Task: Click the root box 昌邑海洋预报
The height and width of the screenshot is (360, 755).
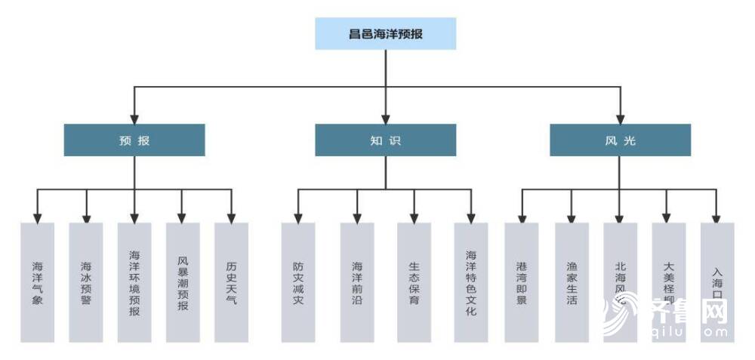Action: (385, 34)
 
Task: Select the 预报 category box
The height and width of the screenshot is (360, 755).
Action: (134, 140)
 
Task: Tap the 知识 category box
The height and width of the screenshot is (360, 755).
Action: (385, 140)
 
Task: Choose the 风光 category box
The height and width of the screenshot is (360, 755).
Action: (620, 140)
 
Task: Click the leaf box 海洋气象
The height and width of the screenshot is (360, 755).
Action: (38, 282)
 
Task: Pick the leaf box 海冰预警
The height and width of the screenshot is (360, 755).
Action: (86, 282)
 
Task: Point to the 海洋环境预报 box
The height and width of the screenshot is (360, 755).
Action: (134, 282)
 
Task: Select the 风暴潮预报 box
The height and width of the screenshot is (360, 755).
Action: (183, 282)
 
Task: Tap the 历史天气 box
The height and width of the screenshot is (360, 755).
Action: (231, 282)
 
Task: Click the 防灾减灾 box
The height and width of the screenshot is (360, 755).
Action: (298, 282)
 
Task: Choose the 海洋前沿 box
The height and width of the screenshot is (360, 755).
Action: (356, 282)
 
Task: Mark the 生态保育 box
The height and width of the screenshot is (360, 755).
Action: (414, 282)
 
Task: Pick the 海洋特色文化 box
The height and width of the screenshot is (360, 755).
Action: (471, 282)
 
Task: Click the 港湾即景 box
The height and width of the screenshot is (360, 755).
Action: (522, 282)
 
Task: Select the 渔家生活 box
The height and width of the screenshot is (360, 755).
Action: (572, 282)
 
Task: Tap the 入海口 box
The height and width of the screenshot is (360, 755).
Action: (716, 282)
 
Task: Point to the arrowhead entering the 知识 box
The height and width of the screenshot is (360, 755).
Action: (386, 118)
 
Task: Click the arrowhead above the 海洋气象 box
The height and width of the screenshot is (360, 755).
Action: (38, 217)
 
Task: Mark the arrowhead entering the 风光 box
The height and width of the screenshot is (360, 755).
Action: (621, 118)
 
